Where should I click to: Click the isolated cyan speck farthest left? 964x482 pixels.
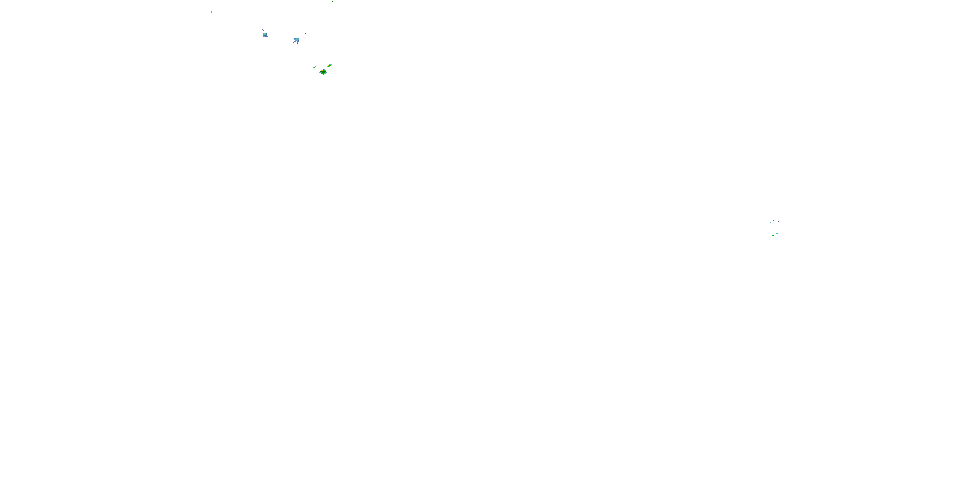(x=211, y=12)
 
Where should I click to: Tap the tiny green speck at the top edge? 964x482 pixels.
(x=332, y=2)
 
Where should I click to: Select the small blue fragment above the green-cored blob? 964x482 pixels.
(x=263, y=30)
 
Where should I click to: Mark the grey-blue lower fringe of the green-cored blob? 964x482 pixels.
(x=266, y=36)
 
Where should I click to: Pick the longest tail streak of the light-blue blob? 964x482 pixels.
(x=294, y=43)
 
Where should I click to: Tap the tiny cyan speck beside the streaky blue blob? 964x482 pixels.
(x=305, y=34)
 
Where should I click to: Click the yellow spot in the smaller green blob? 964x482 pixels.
(x=329, y=66)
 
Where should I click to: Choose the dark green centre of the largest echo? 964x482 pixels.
(x=324, y=73)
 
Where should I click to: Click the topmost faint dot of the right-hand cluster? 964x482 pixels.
(x=766, y=211)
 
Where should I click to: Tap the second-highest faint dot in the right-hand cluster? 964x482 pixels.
(x=769, y=214)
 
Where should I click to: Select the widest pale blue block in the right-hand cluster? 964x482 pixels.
(x=771, y=223)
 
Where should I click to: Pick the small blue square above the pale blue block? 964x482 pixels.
(x=774, y=221)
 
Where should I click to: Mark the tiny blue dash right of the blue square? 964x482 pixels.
(x=778, y=221)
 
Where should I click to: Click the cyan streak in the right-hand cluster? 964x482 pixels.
(x=777, y=234)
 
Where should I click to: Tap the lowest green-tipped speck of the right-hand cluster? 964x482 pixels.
(x=770, y=237)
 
